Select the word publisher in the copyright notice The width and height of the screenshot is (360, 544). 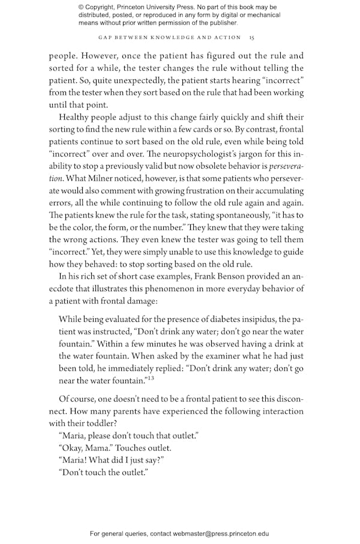[x=220, y=23]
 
